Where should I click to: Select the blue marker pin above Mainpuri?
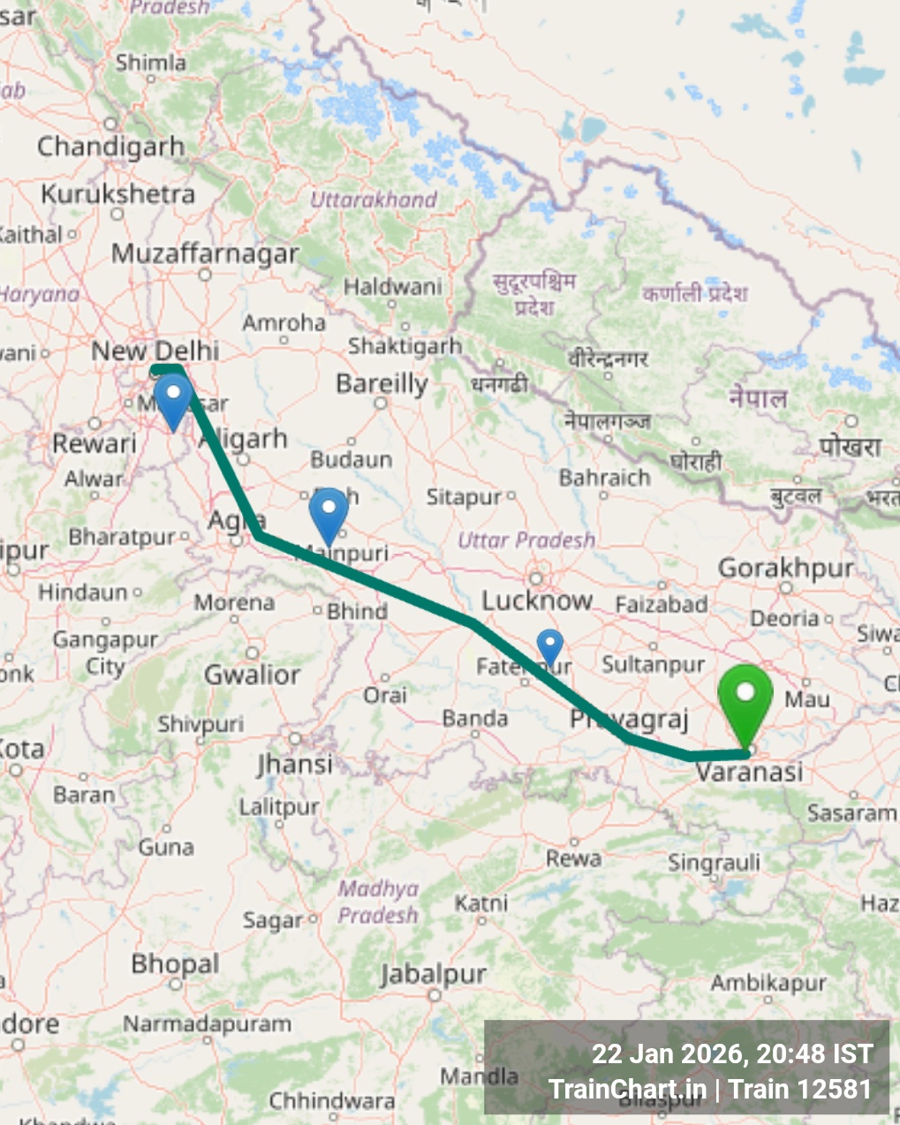tap(329, 512)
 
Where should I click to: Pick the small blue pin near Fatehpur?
tap(550, 646)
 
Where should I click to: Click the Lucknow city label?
tap(537, 601)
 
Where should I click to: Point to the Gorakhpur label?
tap(785, 568)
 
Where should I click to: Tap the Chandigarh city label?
tap(111, 146)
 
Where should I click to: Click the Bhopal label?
tap(175, 963)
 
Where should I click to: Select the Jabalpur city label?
tap(433, 974)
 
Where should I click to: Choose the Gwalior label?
tap(253, 676)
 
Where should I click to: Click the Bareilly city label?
tap(382, 384)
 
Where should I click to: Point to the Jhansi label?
tap(295, 763)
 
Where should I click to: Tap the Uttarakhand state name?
tap(374, 200)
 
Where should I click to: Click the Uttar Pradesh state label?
tap(526, 540)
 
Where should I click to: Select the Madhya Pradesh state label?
tap(378, 902)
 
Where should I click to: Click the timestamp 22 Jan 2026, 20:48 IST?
tap(731, 1053)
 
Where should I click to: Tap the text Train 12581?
tap(800, 1089)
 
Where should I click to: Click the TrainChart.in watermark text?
tap(627, 1089)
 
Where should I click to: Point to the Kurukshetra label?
tap(118, 193)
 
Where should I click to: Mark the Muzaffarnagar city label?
tap(205, 253)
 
